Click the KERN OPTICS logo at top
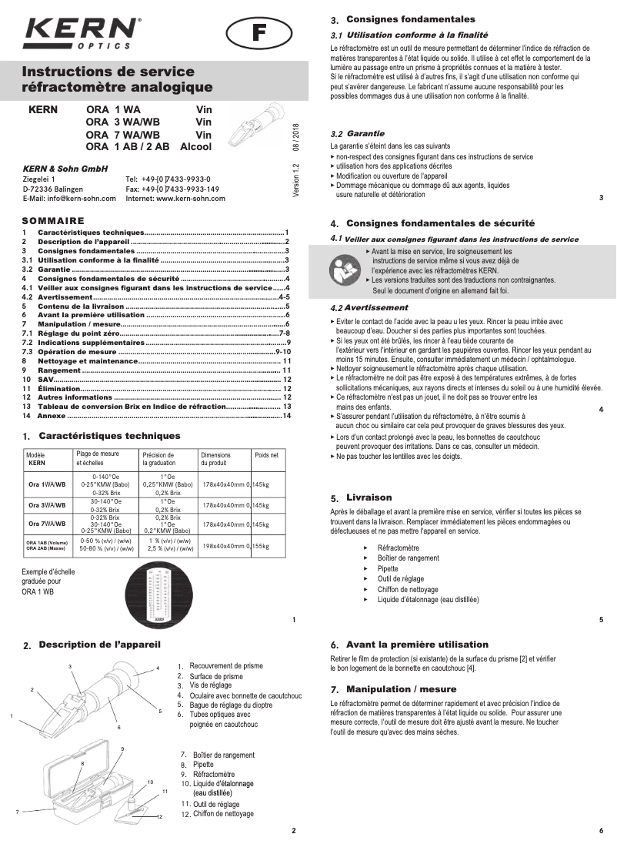(x=82, y=35)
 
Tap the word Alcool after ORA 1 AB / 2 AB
(x=195, y=146)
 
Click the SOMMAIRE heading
(x=53, y=220)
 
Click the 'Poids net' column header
(x=266, y=455)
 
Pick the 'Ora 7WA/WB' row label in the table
(x=47, y=524)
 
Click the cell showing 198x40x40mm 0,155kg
(x=235, y=545)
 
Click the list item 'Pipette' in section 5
(x=388, y=568)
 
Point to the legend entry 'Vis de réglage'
(x=211, y=685)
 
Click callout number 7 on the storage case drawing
(x=17, y=812)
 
